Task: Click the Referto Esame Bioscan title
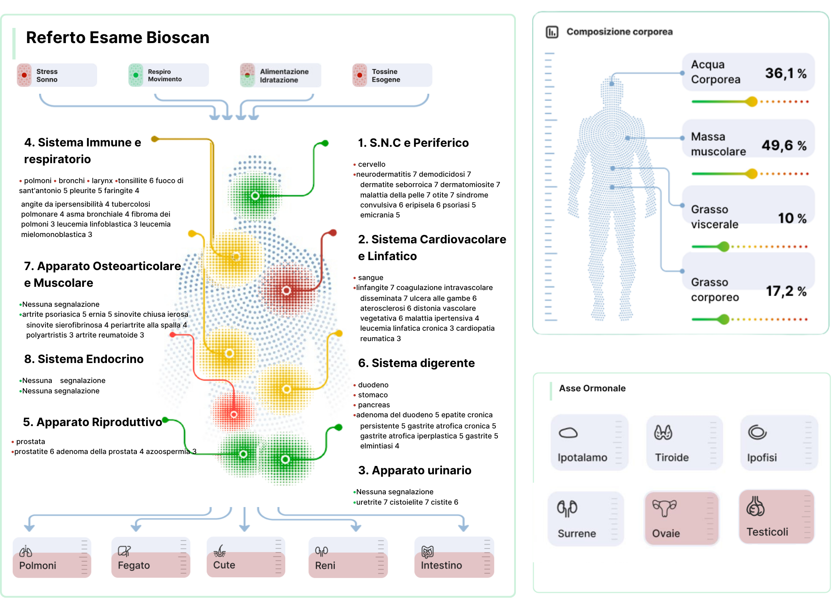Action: click(x=117, y=37)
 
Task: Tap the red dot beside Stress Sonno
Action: click(x=24, y=75)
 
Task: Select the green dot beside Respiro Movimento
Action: click(x=136, y=75)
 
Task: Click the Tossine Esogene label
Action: click(x=385, y=75)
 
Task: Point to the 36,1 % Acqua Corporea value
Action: click(x=785, y=73)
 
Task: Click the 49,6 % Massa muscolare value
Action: click(x=784, y=145)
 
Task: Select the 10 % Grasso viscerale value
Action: click(x=792, y=218)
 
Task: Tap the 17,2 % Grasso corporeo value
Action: click(x=786, y=291)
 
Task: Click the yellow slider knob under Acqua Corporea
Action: click(x=752, y=102)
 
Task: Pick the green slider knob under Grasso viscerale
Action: click(x=723, y=247)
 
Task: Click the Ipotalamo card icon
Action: click(x=568, y=433)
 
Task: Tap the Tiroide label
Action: click(x=672, y=457)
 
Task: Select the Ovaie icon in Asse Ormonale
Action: click(x=664, y=508)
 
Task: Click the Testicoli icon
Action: click(x=755, y=507)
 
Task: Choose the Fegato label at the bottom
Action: click(x=134, y=565)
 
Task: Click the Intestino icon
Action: click(x=427, y=552)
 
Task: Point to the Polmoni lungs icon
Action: click(x=26, y=551)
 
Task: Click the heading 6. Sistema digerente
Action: click(x=416, y=363)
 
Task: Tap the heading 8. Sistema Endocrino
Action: click(x=84, y=359)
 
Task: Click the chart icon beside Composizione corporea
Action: click(x=552, y=32)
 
